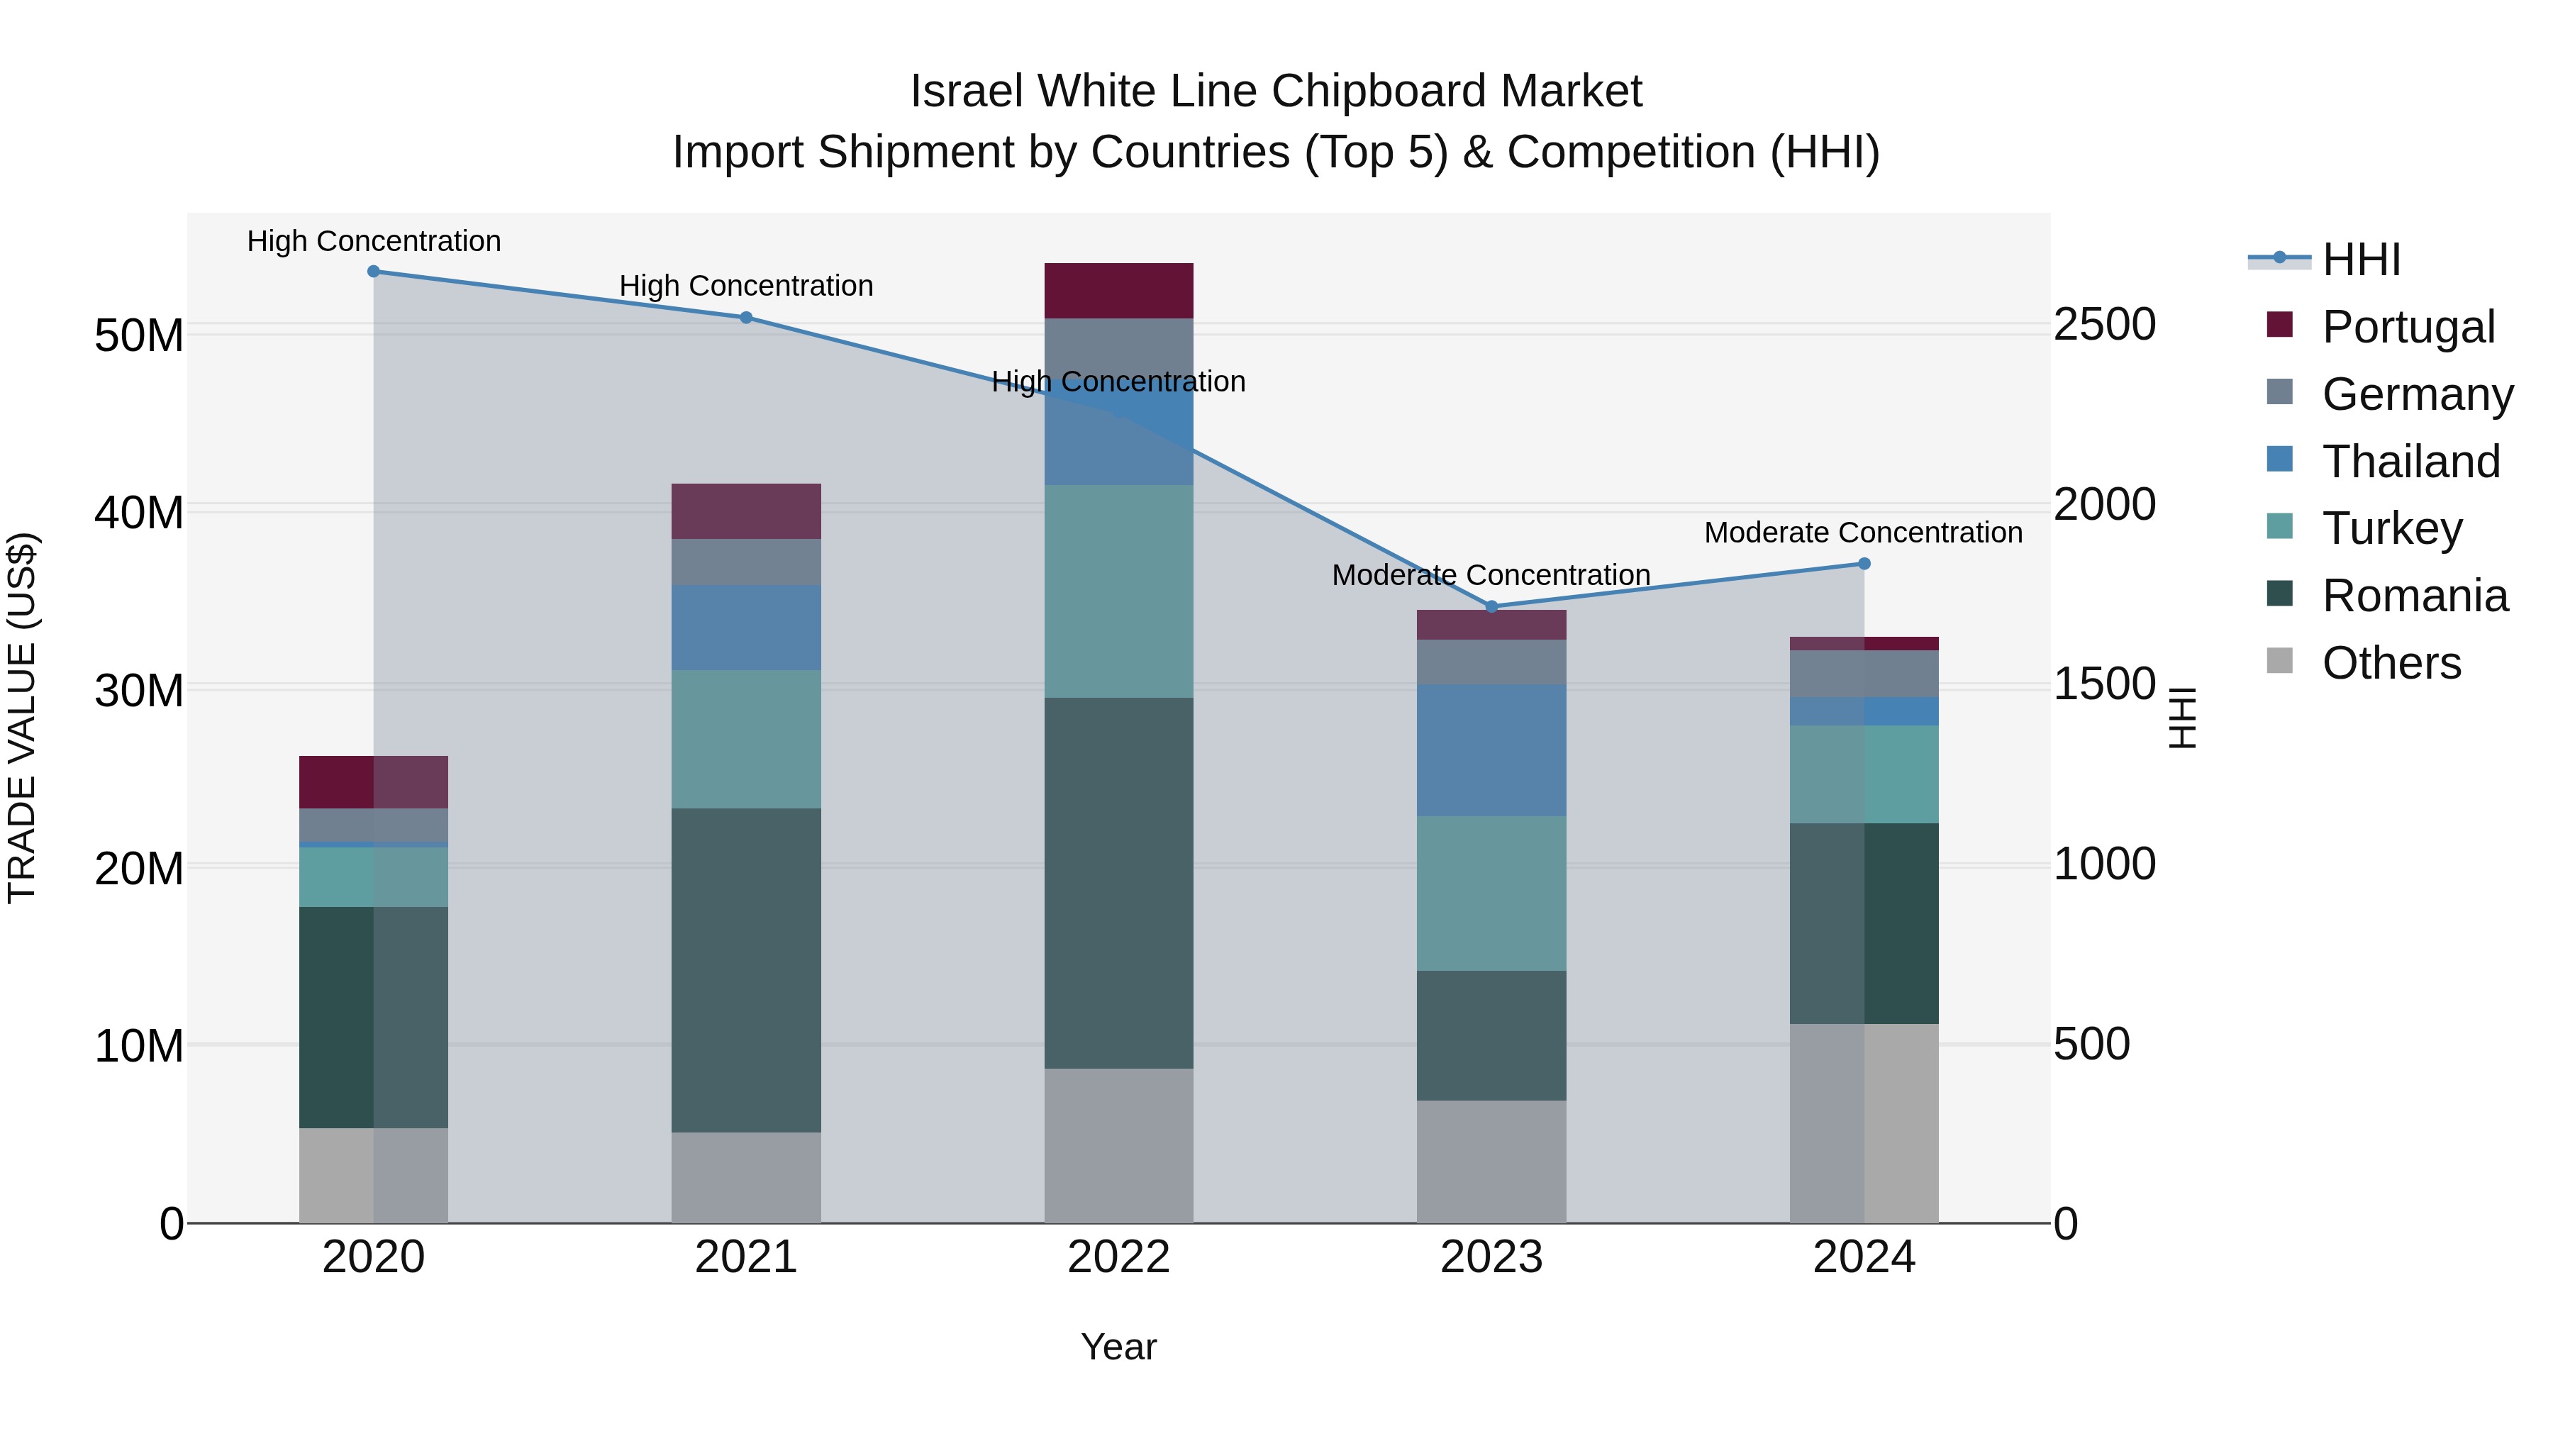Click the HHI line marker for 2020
pyautogui.click(x=374, y=272)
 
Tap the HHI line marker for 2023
pyautogui.click(x=1491, y=606)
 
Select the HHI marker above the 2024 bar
pyautogui.click(x=1864, y=564)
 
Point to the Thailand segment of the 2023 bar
pyautogui.click(x=1491, y=750)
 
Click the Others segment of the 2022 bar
pyautogui.click(x=1119, y=1146)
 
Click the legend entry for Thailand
pyautogui.click(x=2410, y=462)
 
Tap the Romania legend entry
pyautogui.click(x=2414, y=596)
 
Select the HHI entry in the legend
pyautogui.click(x=2361, y=260)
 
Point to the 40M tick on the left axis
pyautogui.click(x=139, y=513)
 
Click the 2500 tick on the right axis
pyautogui.click(x=2104, y=325)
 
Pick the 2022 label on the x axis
pyautogui.click(x=1119, y=1257)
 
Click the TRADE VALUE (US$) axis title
pyautogui.click(x=23, y=718)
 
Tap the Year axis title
pyautogui.click(x=1119, y=1347)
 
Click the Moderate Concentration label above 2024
pyautogui.click(x=1863, y=533)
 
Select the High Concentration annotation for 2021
pyautogui.click(x=746, y=286)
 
